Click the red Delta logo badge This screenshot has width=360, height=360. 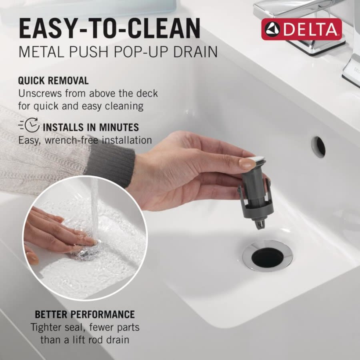pos(302,29)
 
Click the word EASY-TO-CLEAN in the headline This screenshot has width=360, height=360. pos(109,29)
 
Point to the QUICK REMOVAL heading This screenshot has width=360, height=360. pos(53,80)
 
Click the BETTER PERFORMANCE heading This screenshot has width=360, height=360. pos(85,314)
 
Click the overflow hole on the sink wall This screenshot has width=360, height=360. pos(319,147)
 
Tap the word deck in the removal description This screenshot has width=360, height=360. pos(148,94)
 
